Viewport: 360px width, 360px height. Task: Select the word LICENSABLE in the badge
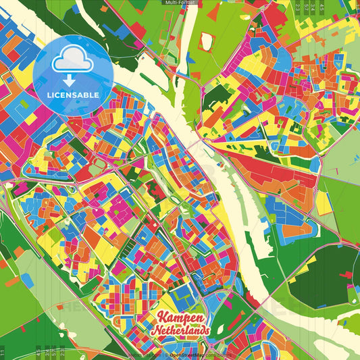(72, 94)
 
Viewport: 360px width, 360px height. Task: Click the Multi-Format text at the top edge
(180, 3)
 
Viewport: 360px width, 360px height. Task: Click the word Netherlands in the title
(180, 331)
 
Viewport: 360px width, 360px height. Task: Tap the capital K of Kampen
(163, 317)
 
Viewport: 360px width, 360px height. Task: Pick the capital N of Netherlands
(155, 331)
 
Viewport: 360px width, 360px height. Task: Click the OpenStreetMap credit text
(192, 354)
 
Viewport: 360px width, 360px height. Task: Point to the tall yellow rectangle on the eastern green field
(324, 202)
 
